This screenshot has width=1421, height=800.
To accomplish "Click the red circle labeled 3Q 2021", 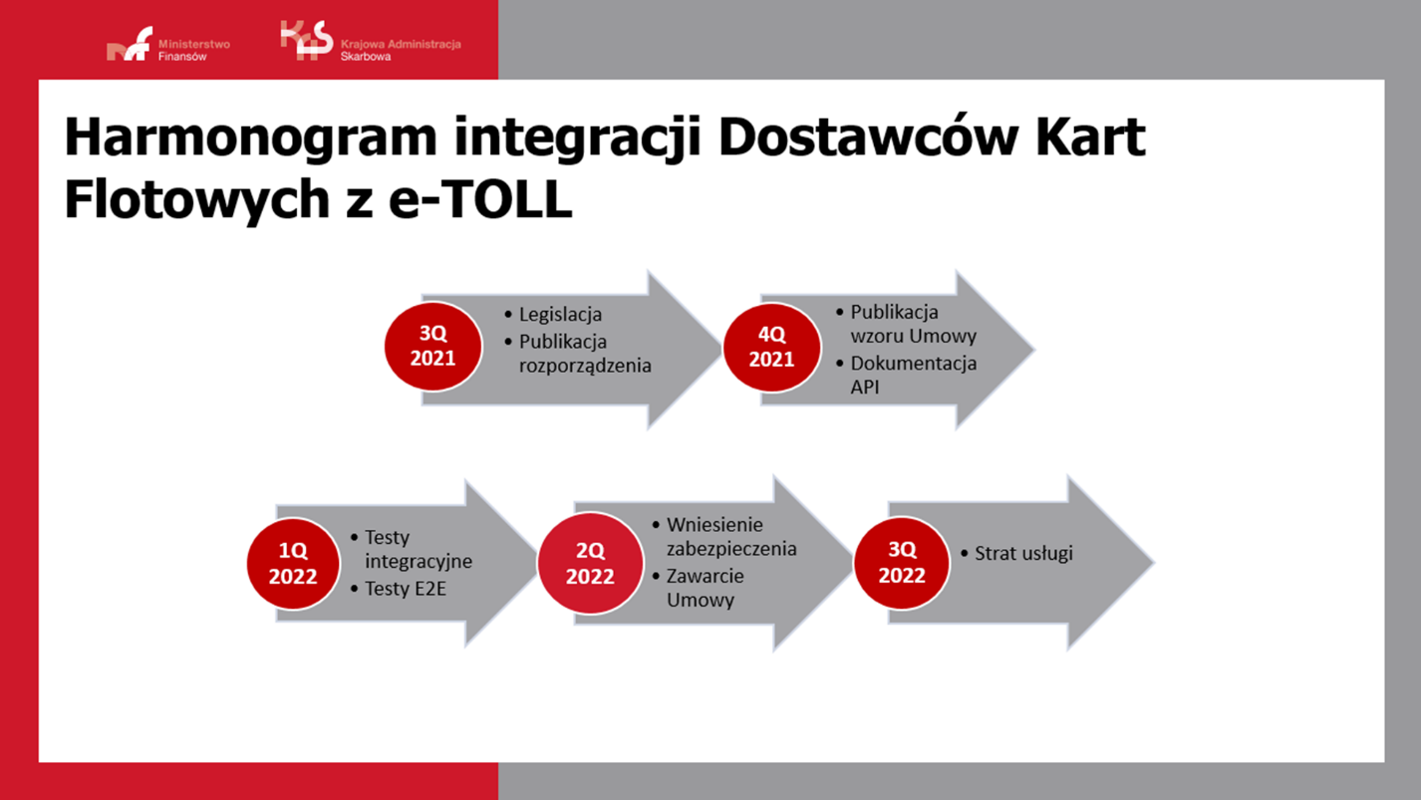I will click(x=433, y=347).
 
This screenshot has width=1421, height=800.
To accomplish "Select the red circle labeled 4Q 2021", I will click(x=771, y=347).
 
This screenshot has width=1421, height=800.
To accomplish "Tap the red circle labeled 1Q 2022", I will click(x=293, y=563).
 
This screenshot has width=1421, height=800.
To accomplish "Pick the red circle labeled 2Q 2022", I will click(x=590, y=563).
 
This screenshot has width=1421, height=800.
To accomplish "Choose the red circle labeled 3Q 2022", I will click(x=902, y=562).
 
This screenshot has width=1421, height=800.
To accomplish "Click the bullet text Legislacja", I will click(x=560, y=314).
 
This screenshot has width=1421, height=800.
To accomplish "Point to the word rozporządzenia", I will click(x=585, y=366).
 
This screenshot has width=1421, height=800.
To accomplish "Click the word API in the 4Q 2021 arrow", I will click(x=865, y=388).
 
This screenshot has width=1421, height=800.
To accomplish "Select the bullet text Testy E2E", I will click(x=405, y=589).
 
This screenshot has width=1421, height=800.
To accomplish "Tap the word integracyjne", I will click(x=419, y=561).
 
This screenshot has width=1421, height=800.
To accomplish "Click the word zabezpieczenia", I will click(x=731, y=549).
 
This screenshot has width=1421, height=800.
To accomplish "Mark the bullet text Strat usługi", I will click(x=1023, y=553).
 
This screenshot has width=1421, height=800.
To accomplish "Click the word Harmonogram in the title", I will click(x=250, y=138).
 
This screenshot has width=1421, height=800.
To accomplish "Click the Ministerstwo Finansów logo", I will click(x=167, y=46).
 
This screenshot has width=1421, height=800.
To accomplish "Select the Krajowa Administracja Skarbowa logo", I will click(x=370, y=43).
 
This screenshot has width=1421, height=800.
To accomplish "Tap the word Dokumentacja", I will click(x=913, y=364).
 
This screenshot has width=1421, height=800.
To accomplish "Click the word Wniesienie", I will click(x=714, y=524).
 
